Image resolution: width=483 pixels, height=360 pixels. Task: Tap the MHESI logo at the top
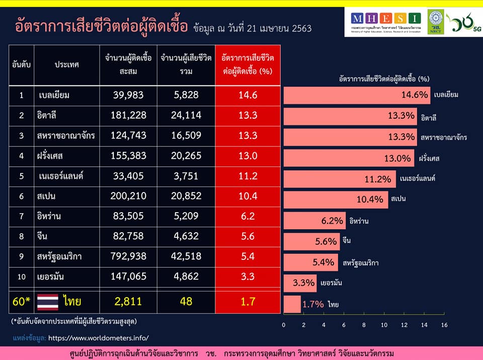pos(385,21)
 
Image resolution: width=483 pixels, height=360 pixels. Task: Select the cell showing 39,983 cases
pos(128,95)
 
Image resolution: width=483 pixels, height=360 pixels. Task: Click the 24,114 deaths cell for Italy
pos(186,115)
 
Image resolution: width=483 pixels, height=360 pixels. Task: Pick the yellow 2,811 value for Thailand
pos(128,302)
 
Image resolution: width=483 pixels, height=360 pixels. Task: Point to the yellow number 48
pos(186,302)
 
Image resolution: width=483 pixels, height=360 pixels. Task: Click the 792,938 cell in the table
pos(128,256)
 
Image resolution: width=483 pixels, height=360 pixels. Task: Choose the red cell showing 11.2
pos(248,175)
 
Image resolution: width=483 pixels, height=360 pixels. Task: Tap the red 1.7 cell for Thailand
pos(248,302)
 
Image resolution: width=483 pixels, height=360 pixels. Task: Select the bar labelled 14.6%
pos(357,95)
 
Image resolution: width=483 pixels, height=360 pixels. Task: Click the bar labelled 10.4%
pos(336,199)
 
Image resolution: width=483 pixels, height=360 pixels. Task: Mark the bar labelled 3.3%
pos(300,283)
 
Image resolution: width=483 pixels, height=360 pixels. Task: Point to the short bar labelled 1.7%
pos(292,304)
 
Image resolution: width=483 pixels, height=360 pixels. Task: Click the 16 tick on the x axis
pos(444,325)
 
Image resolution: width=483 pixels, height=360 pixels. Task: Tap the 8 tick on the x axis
pos(364,325)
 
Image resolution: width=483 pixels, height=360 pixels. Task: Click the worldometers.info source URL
pos(99,337)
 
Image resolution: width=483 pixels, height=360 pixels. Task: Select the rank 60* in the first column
pos(21,302)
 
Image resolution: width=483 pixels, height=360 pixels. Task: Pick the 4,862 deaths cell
pos(186,276)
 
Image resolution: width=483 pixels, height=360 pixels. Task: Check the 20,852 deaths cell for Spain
pos(186,196)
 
